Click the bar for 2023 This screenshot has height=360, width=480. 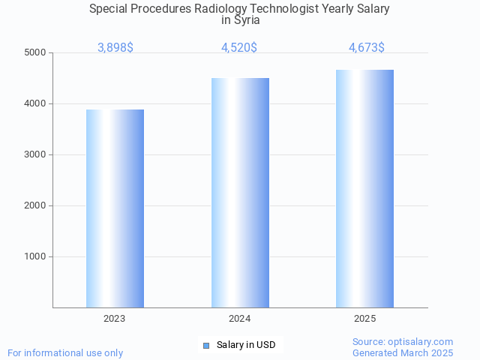(115, 208)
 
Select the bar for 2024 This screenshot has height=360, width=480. (240, 193)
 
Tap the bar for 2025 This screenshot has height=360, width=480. (364, 188)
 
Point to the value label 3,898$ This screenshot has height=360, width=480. (115, 48)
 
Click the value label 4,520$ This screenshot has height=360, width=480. (239, 48)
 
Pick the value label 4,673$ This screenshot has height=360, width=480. (367, 48)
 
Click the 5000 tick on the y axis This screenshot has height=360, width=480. (35, 53)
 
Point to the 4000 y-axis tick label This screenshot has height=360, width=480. (35, 104)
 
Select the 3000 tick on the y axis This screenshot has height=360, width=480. (35, 155)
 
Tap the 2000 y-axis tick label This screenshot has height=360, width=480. (35, 206)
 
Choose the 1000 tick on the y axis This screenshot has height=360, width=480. (35, 257)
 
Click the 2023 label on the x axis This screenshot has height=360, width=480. (115, 319)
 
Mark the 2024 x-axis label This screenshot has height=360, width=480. (240, 319)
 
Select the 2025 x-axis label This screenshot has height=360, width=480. (364, 319)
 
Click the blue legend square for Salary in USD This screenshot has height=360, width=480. (206, 345)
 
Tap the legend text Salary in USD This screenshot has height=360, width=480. (246, 345)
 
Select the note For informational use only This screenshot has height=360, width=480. (65, 352)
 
